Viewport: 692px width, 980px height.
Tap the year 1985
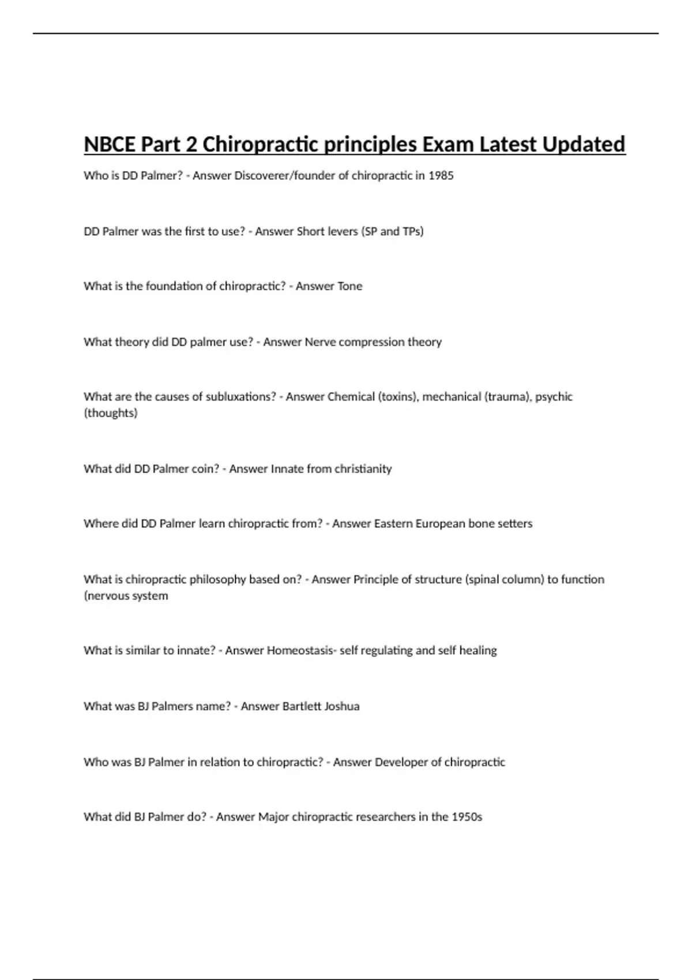point(441,175)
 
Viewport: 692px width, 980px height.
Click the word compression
point(371,342)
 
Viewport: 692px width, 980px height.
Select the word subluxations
point(242,397)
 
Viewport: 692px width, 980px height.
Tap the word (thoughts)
point(111,413)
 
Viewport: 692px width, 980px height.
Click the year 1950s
point(467,817)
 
